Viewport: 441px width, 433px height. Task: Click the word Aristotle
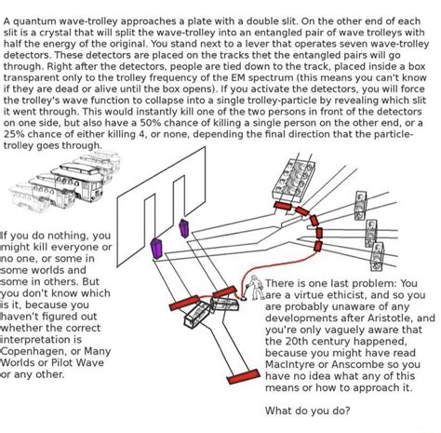tap(390, 318)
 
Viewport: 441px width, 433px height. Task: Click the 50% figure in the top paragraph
tap(150, 123)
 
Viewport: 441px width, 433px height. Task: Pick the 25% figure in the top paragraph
tap(14, 134)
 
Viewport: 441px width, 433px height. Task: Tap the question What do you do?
tap(307, 411)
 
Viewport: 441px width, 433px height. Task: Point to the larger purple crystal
tap(156, 249)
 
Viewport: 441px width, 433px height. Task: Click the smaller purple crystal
tap(184, 228)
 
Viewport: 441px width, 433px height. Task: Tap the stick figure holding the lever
tap(256, 288)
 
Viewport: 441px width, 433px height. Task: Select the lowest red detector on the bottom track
tap(244, 376)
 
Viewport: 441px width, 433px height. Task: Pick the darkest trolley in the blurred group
tap(79, 182)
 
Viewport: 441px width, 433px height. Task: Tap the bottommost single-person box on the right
tap(378, 257)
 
